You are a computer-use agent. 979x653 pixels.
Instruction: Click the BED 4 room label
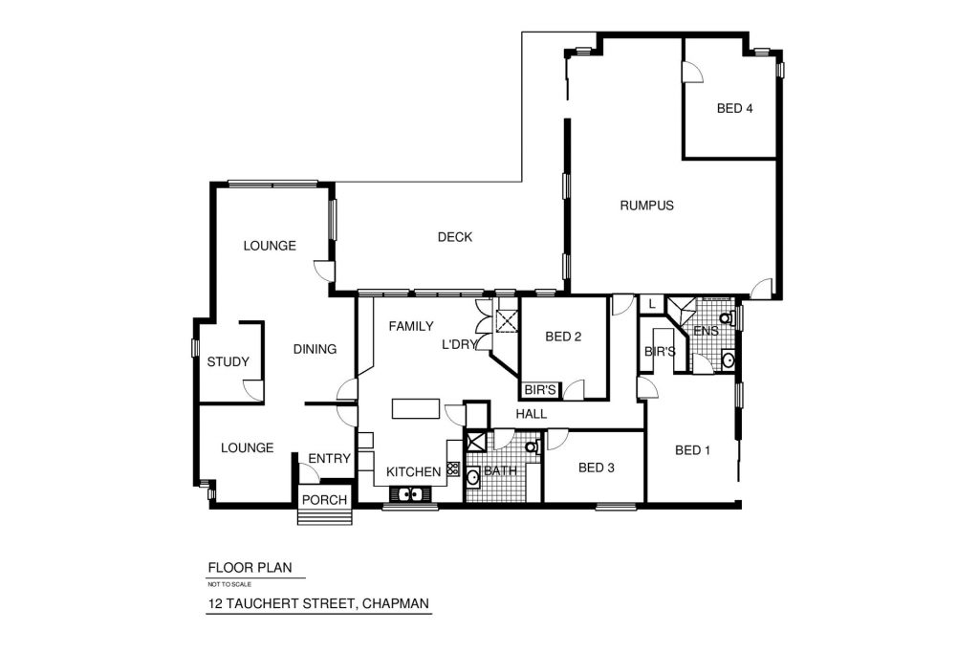tap(734, 109)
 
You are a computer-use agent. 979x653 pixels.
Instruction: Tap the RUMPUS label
tap(647, 206)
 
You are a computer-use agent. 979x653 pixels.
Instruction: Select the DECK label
tap(454, 237)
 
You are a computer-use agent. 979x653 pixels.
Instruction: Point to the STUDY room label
tap(228, 362)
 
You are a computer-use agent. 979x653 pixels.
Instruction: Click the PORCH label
tap(324, 500)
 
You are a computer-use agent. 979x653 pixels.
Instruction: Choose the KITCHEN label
tap(413, 472)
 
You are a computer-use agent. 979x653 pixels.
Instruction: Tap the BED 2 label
tap(563, 337)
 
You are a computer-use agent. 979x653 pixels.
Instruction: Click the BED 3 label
tap(597, 468)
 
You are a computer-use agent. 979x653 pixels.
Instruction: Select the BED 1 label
tap(692, 450)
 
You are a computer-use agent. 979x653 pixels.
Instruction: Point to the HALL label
tap(532, 414)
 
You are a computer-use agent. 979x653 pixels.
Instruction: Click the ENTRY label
tap(329, 459)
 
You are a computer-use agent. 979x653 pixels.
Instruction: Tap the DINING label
tap(315, 350)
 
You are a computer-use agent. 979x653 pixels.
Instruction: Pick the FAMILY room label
tap(411, 327)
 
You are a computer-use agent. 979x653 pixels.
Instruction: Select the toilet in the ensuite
tap(728, 318)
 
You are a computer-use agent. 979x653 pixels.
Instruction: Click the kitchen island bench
tap(415, 409)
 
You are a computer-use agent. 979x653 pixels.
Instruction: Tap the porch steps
tap(324, 517)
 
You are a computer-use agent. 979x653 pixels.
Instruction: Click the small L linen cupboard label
tap(652, 305)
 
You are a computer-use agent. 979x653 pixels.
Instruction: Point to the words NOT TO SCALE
tap(229, 585)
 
